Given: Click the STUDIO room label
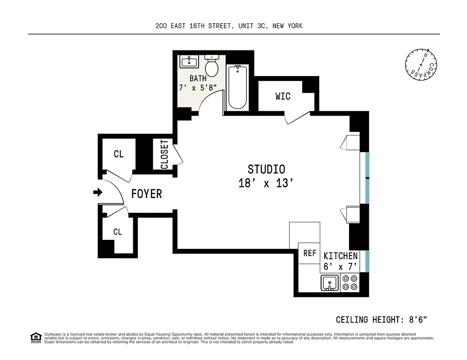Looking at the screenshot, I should pyautogui.click(x=266, y=169).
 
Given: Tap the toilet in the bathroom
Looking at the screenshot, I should pyautogui.click(x=211, y=67).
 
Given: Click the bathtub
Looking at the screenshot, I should pyautogui.click(x=237, y=87).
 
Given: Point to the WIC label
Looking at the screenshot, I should pyautogui.click(x=283, y=96).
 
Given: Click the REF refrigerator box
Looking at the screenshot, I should pyautogui.click(x=309, y=253).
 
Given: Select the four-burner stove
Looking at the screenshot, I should pyautogui.click(x=349, y=283).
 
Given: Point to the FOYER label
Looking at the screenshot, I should pyautogui.click(x=146, y=194).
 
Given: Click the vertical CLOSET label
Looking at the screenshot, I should pyautogui.click(x=164, y=154).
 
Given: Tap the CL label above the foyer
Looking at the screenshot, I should pyautogui.click(x=118, y=154).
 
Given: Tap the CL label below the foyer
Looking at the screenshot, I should pyautogui.click(x=118, y=232).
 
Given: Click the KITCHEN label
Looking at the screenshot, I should pyautogui.click(x=340, y=256).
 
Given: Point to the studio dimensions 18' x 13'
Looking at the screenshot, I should pyautogui.click(x=266, y=184).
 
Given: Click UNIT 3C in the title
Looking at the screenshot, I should pyautogui.click(x=252, y=26).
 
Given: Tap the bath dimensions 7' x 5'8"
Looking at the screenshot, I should pyautogui.click(x=198, y=88).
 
